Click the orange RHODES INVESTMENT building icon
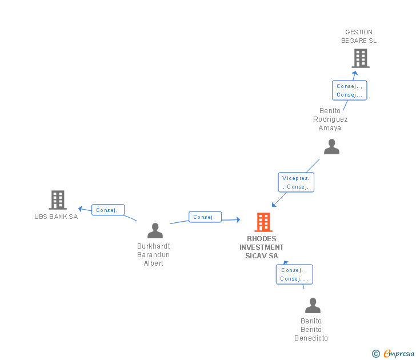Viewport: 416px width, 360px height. tap(263, 222)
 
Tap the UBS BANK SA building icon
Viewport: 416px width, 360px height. tap(58, 200)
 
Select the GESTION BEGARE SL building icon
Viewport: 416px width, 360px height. tap(360, 58)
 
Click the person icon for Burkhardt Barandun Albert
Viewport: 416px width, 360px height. tap(155, 231)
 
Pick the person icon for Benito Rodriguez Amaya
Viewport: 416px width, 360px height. tap(331, 147)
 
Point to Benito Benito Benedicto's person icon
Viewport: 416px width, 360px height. tap(313, 306)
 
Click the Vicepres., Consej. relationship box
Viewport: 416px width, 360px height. tap(295, 182)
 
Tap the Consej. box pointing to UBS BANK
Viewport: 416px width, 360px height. tap(107, 210)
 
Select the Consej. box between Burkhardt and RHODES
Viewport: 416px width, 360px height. tap(205, 217)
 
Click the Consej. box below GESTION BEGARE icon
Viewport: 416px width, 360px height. tap(349, 90)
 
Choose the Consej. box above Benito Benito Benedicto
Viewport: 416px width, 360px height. tap(294, 274)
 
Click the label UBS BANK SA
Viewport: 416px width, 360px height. tap(56, 217)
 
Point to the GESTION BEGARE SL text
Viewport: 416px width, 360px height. tap(359, 37)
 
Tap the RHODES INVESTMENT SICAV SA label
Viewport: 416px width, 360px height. tap(261, 247)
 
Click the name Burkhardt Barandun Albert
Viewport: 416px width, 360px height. tap(154, 255)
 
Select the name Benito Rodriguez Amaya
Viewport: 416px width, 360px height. tap(330, 119)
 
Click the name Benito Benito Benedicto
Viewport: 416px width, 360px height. tap(311, 330)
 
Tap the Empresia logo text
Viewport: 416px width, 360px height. tap(398, 354)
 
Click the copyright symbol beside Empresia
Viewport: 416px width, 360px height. tap(376, 354)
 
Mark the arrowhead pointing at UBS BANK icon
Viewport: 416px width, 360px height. tap(81, 208)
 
